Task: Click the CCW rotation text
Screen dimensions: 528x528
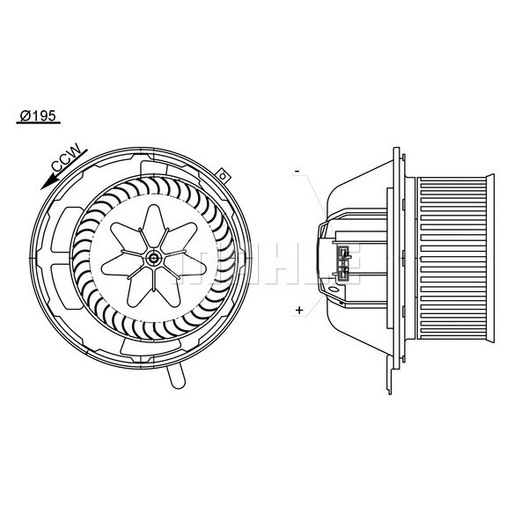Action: (67, 159)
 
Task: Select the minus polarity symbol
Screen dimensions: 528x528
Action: (298, 169)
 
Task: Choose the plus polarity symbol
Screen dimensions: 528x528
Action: (300, 310)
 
